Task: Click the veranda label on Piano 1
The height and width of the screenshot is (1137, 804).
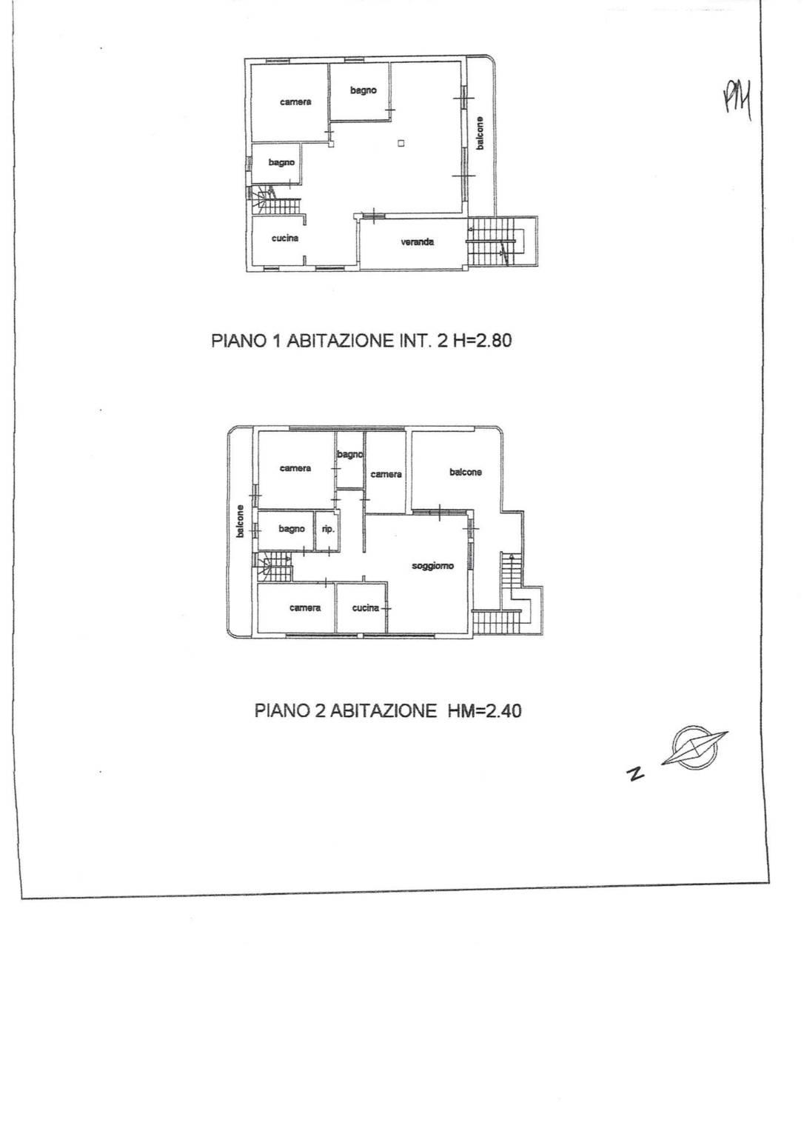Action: point(417,242)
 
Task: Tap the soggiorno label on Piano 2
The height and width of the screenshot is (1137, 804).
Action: point(432,565)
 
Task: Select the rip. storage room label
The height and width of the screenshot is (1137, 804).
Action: point(328,530)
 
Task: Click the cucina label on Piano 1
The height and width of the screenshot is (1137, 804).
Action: point(284,238)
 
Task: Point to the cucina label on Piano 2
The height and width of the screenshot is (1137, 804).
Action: point(365,607)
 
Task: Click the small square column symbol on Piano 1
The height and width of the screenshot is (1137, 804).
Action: point(401,144)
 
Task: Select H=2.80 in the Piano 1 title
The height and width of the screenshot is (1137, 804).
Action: point(482,340)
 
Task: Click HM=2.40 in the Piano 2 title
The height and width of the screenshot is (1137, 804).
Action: point(484,710)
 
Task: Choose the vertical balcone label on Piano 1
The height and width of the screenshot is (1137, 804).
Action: point(480,133)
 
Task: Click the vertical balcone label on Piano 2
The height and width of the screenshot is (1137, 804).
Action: point(240,521)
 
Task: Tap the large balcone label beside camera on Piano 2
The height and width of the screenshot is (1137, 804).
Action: point(465,472)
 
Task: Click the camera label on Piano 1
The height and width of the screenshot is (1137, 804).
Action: point(295,102)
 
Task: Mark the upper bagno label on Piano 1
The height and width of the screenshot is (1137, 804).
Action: point(364,90)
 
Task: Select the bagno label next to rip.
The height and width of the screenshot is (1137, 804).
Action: point(291,529)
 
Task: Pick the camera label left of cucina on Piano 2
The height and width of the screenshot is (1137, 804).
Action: point(305,607)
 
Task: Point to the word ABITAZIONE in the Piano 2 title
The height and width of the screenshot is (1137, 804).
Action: point(383,710)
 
